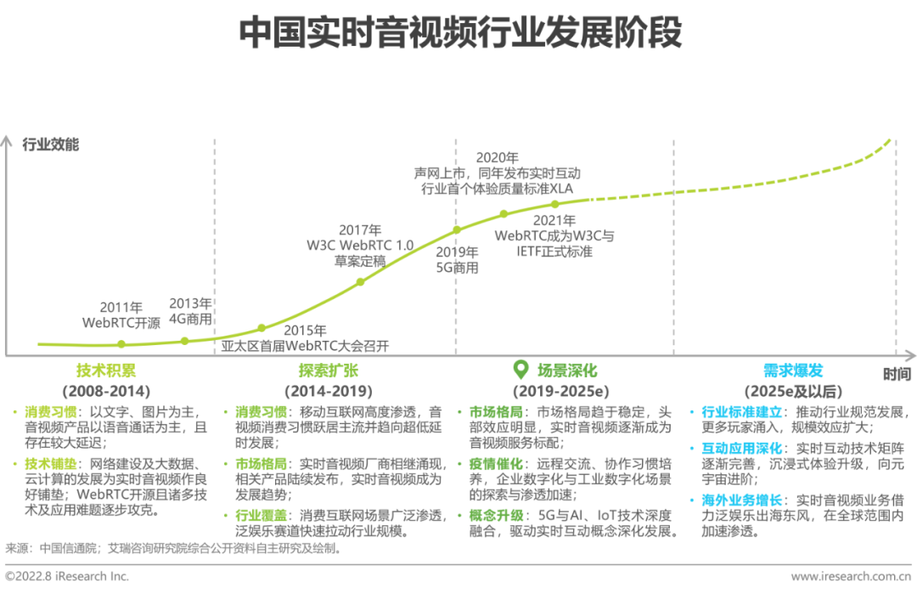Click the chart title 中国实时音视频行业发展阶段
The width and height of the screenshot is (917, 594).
(460, 32)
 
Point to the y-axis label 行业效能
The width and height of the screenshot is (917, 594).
(51, 144)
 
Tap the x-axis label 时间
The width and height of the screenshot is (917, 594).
(897, 374)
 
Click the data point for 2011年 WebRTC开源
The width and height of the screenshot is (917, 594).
(121, 344)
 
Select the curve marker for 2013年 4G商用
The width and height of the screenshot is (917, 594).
(185, 341)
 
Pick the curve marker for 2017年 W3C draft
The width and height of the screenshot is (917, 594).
(361, 282)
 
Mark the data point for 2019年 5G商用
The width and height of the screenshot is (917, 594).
(458, 230)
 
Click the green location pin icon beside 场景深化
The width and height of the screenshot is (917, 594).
(520, 370)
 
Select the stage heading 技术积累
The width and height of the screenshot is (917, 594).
(106, 371)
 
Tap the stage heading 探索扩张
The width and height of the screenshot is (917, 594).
(328, 371)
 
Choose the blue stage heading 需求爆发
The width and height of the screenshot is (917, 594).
(793, 371)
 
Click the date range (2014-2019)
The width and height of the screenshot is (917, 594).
(328, 391)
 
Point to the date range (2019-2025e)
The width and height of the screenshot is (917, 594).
(561, 391)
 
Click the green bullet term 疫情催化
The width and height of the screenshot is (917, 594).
(496, 464)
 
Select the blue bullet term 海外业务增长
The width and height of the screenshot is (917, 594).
(741, 501)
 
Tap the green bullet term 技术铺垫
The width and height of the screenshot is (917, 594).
(50, 464)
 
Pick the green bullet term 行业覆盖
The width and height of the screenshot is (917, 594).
(261, 516)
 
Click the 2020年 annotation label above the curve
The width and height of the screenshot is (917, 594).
(497, 158)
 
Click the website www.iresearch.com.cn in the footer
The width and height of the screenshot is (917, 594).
(851, 576)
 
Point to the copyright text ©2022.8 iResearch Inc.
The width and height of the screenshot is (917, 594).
(67, 576)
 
